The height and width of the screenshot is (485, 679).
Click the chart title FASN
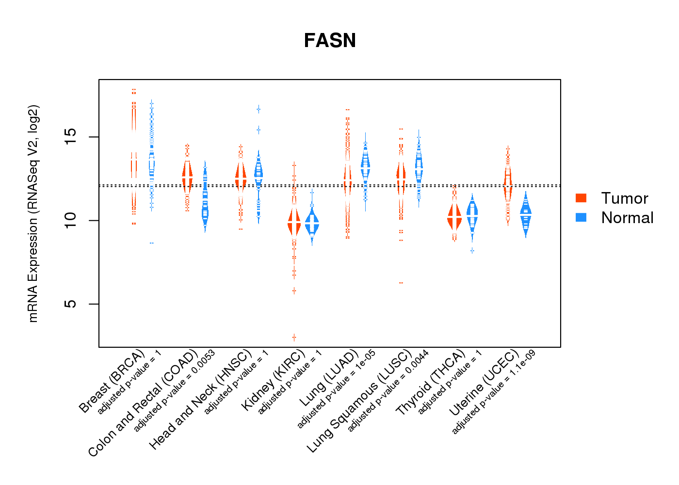tap(330, 41)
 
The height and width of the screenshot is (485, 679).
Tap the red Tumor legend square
tap(581, 198)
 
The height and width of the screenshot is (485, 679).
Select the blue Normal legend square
tap(581, 217)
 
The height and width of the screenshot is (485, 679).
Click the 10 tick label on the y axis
tap(71, 221)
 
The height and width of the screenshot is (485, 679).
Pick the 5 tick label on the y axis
tap(71, 304)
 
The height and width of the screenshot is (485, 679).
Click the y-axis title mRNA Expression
tap(33, 213)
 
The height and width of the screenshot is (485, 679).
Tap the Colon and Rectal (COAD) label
tap(144, 403)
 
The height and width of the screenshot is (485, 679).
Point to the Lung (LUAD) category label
tap(329, 378)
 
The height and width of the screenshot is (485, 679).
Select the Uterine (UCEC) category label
tap(484, 383)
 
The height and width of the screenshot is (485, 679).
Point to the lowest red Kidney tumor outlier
tap(294, 337)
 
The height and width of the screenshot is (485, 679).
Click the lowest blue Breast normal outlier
tap(151, 243)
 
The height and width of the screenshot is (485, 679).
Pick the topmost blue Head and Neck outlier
tap(259, 109)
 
